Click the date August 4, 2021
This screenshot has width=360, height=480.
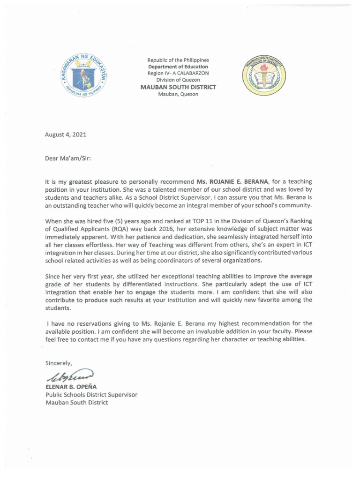(66, 135)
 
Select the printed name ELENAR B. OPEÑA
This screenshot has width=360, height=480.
(70, 386)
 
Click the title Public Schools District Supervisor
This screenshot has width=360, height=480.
(91, 394)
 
